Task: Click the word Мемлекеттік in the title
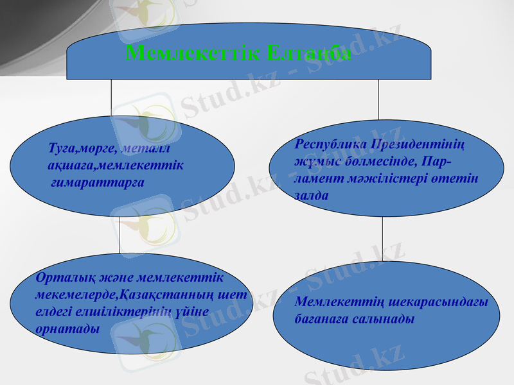tap(191, 53)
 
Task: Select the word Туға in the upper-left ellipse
tap(62, 150)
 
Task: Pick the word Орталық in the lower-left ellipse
tap(58, 278)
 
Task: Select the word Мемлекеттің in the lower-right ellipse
tap(334, 302)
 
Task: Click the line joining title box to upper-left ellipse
tap(112, 99)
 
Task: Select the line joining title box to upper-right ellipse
tap(378, 99)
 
